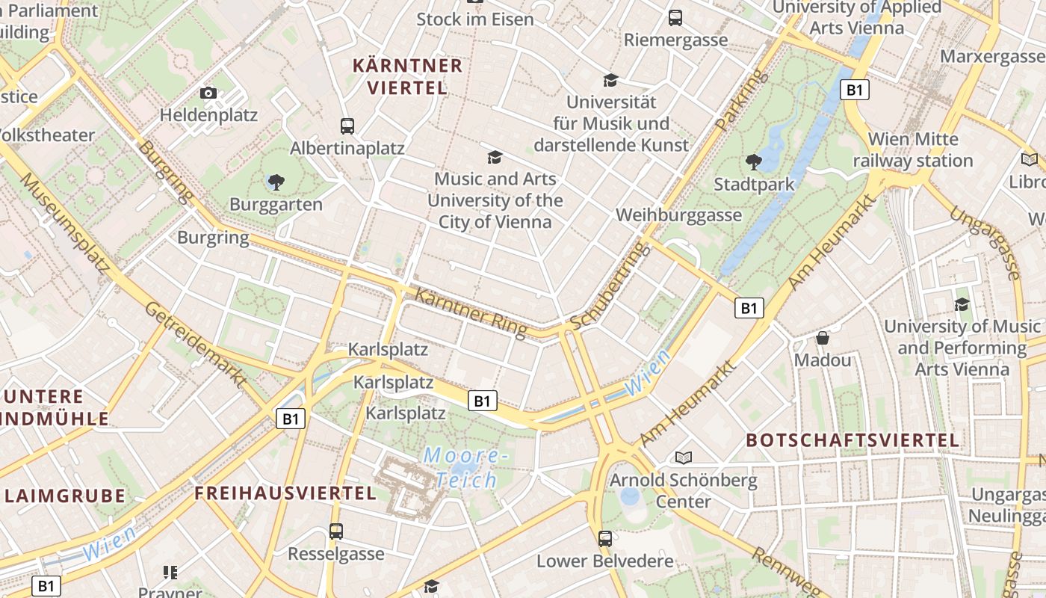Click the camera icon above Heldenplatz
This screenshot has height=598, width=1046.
[x=208, y=93]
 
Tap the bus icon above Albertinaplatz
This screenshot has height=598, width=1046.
[x=347, y=126]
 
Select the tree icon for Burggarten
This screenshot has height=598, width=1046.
[x=276, y=182]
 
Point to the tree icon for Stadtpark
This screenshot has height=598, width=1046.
[x=754, y=161]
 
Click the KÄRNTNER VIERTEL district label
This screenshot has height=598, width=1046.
[x=407, y=76]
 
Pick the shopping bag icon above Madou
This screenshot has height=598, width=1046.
[x=823, y=339]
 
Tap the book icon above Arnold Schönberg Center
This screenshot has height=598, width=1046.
[x=684, y=457]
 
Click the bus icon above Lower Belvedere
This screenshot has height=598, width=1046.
[x=605, y=538]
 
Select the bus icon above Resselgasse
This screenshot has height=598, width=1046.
[x=336, y=531]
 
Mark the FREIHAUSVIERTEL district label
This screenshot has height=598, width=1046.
[x=285, y=493]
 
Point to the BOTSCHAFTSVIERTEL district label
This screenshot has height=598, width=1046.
[x=852, y=440]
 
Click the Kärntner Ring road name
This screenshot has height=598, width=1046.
[x=470, y=312]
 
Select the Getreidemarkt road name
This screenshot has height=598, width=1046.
[x=196, y=345]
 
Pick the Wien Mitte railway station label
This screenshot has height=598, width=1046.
[x=913, y=149]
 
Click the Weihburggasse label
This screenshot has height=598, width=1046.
[x=679, y=215]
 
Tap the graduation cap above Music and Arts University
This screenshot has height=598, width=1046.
[x=495, y=157]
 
